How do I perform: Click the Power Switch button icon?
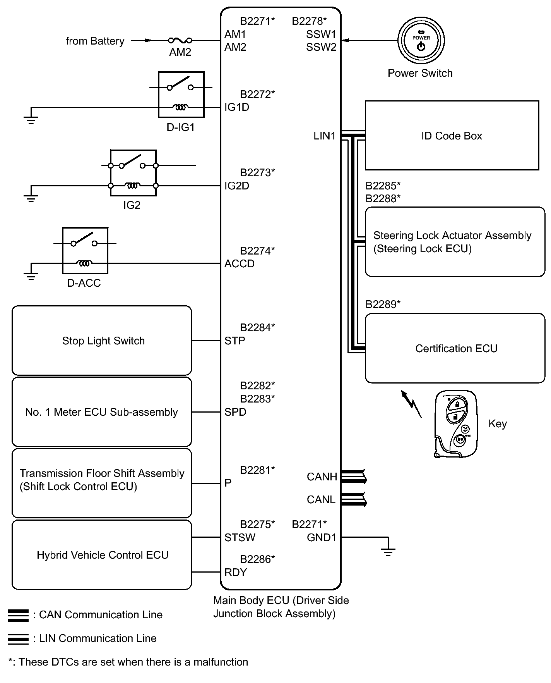coord(421,41)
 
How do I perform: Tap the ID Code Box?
coord(452,136)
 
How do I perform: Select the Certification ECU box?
coord(455,348)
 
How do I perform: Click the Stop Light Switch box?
coord(102,341)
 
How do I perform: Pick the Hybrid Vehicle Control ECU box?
coord(102,555)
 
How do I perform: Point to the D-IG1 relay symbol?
coord(181,95)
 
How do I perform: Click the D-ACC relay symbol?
coord(85,251)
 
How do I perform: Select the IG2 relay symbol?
coord(133,173)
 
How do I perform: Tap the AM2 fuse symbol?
coord(180,40)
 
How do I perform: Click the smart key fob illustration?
coord(455,424)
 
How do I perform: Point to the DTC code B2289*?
coord(383,304)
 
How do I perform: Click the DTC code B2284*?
coord(257,327)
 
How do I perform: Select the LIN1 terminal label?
coord(324,136)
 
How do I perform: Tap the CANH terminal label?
coord(322,477)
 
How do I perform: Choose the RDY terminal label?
coord(236,572)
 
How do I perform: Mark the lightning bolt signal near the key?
coord(411,404)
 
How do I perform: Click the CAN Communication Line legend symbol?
coord(18,615)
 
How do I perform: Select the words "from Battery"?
coord(95,41)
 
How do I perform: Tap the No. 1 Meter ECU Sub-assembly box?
coord(102,412)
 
